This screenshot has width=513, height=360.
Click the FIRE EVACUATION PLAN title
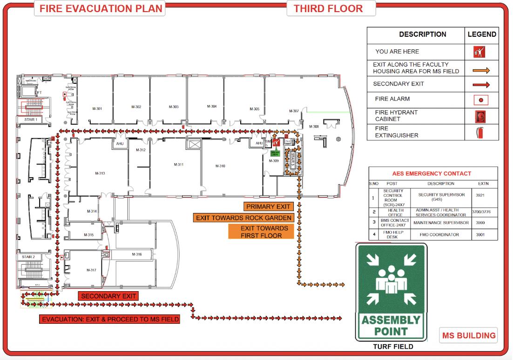(x=101, y=8)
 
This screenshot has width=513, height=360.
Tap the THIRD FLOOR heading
(x=328, y=8)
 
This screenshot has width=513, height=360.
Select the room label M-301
(x=97, y=109)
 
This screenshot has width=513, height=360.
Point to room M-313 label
(x=100, y=173)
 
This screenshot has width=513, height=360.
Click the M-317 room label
(x=91, y=270)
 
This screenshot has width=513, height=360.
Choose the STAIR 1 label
(x=31, y=120)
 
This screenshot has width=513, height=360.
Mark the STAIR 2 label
(x=28, y=257)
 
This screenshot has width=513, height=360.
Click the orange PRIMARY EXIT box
(x=268, y=207)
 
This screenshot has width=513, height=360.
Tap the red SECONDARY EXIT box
(x=108, y=296)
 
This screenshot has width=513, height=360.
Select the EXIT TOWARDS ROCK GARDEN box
(x=244, y=218)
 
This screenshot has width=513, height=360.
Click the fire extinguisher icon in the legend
(x=481, y=132)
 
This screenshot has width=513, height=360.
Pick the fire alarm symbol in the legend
(x=481, y=100)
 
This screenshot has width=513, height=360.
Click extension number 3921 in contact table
(x=480, y=195)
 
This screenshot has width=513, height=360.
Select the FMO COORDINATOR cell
(x=437, y=235)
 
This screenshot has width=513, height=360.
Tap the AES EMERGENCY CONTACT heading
(x=432, y=173)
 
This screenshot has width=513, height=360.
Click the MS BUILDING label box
(x=468, y=335)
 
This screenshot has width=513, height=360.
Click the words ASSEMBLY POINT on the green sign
(x=391, y=326)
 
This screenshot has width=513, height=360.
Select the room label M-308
(x=314, y=127)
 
